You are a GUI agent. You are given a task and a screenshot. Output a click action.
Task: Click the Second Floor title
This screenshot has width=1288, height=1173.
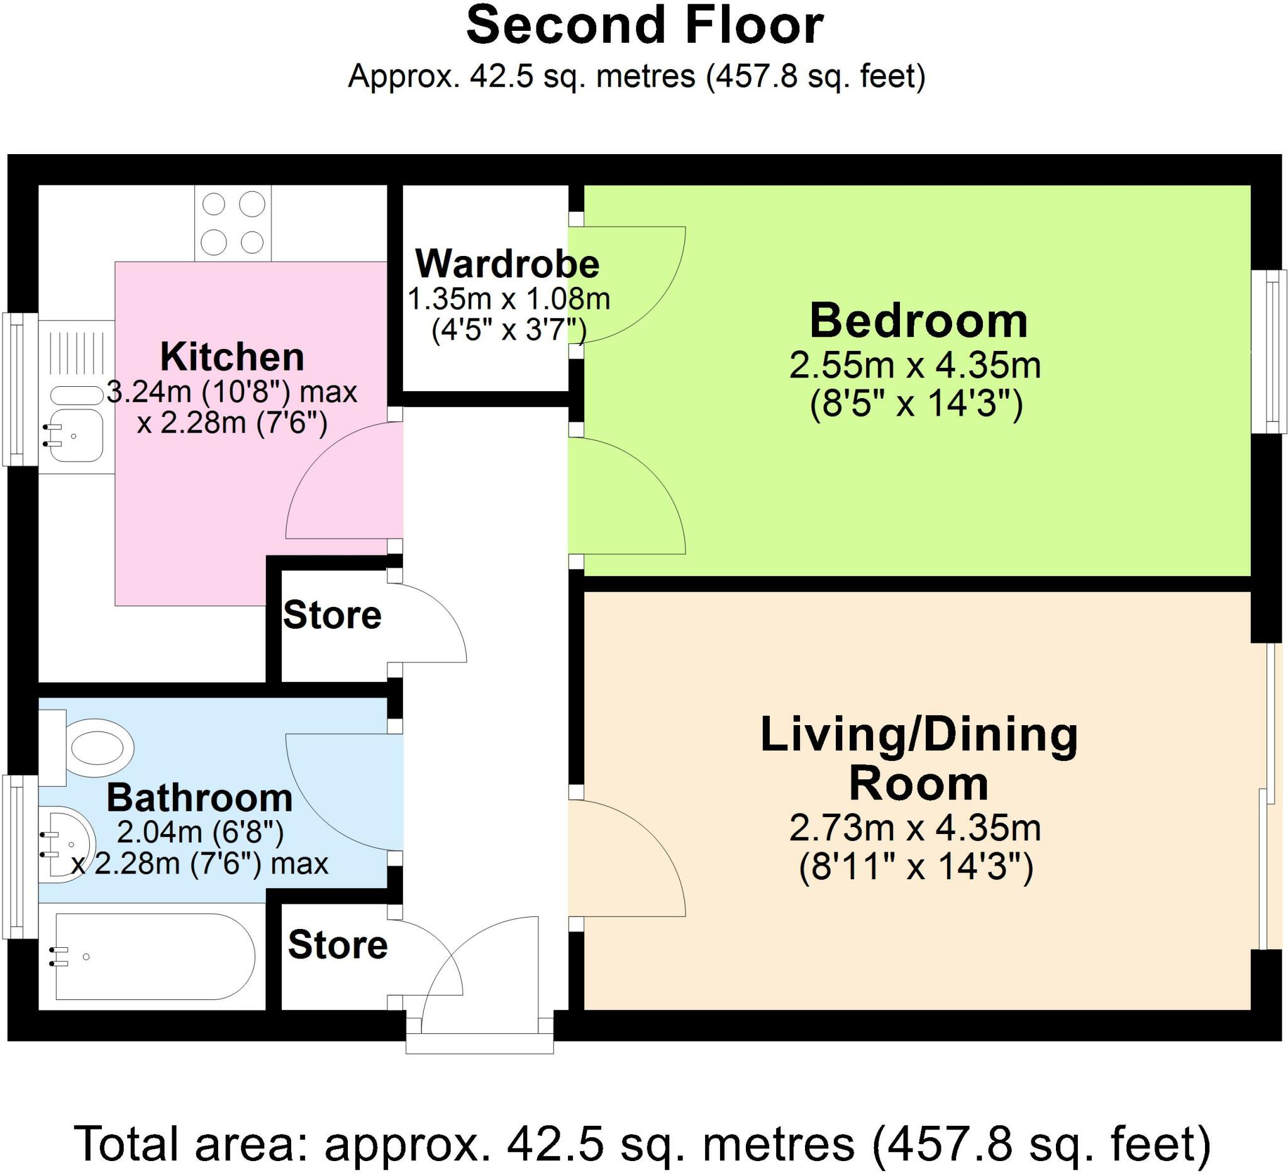coord(645,27)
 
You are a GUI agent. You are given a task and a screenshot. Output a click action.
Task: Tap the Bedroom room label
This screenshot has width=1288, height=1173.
coord(919,321)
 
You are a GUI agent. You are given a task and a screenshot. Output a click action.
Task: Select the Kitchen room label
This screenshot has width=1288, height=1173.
coord(232,357)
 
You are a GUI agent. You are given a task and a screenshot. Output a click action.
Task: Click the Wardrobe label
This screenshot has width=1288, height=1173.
coord(508,264)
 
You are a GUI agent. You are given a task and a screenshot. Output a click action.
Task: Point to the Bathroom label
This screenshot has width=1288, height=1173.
coord(199,799)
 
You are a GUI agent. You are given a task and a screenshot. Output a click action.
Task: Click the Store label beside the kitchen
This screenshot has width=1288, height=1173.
coord(332,615)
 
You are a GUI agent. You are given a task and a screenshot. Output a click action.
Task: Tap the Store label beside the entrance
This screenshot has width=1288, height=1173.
coord(338,945)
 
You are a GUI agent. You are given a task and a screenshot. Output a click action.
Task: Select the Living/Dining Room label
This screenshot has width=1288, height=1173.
coord(919,760)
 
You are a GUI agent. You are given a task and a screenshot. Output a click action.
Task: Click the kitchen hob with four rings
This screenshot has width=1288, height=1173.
coord(233,223)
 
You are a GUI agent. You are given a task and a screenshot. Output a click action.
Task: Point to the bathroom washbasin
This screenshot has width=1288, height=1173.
coord(67,845)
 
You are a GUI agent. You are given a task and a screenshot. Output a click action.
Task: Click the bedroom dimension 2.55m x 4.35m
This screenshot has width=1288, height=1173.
coord(916,366)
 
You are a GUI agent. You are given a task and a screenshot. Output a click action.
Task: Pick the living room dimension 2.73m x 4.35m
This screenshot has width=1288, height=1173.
coord(916,828)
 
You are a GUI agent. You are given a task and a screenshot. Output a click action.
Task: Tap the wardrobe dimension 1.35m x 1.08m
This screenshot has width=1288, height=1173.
coord(509,298)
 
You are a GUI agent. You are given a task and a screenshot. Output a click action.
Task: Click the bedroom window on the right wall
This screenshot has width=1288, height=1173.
coord(1269,352)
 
